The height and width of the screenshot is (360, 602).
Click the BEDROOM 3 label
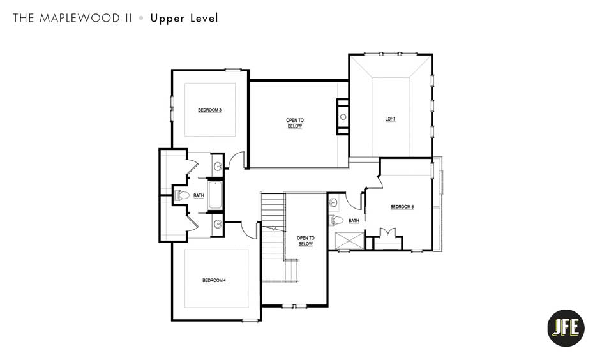point(209,110)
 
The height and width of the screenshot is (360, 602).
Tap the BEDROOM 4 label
point(214,280)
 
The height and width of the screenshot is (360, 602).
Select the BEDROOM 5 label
point(402,207)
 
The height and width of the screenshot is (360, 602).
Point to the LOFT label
point(390,119)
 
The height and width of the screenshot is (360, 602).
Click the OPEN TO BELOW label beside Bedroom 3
point(294,123)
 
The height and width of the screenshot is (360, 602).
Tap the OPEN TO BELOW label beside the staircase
point(305,241)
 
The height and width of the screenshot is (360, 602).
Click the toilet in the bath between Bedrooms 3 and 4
point(180,195)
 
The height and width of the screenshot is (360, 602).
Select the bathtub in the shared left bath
point(214,195)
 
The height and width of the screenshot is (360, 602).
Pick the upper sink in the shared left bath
point(218,167)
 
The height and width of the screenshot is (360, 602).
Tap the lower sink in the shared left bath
point(218,223)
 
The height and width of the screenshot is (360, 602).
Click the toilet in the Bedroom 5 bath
point(336,221)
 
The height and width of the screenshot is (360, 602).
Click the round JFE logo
point(566,328)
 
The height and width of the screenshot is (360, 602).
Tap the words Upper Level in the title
point(184,18)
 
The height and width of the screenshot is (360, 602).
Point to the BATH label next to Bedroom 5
point(354,221)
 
